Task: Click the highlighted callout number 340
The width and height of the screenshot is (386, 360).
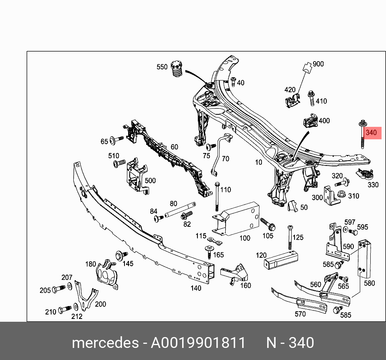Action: coord(371,132)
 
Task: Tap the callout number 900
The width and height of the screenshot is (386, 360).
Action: coord(318,64)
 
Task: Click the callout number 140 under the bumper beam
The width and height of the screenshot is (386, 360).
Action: coord(195,288)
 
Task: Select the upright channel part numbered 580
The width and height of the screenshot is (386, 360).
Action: coord(365,258)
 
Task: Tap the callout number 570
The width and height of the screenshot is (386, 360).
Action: coord(300,314)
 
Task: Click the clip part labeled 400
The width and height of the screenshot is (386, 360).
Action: coord(309,121)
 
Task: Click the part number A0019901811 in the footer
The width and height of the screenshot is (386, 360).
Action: coord(198,343)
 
